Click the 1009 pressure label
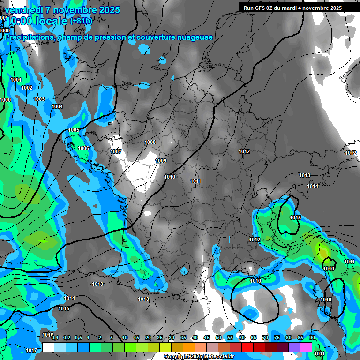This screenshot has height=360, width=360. (161, 161)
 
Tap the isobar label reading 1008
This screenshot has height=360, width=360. (150, 142)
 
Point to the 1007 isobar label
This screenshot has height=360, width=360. (116, 151)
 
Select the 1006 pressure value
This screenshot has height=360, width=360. (83, 148)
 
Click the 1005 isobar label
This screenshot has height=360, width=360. (74, 130)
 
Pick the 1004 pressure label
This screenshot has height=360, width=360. (57, 107)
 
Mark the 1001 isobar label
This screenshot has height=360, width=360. (16, 80)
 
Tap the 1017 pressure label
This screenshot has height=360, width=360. (31, 350)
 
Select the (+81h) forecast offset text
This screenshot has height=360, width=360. (81, 21)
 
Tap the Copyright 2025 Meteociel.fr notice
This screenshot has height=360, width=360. (199, 356)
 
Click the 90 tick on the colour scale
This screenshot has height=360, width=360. (312, 337)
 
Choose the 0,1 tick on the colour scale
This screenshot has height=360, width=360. (55, 337)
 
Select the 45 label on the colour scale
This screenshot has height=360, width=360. (207, 337)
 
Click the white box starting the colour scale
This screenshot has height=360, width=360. (48, 347)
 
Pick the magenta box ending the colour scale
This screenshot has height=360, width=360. (306, 347)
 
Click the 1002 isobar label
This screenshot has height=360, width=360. (27, 88)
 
